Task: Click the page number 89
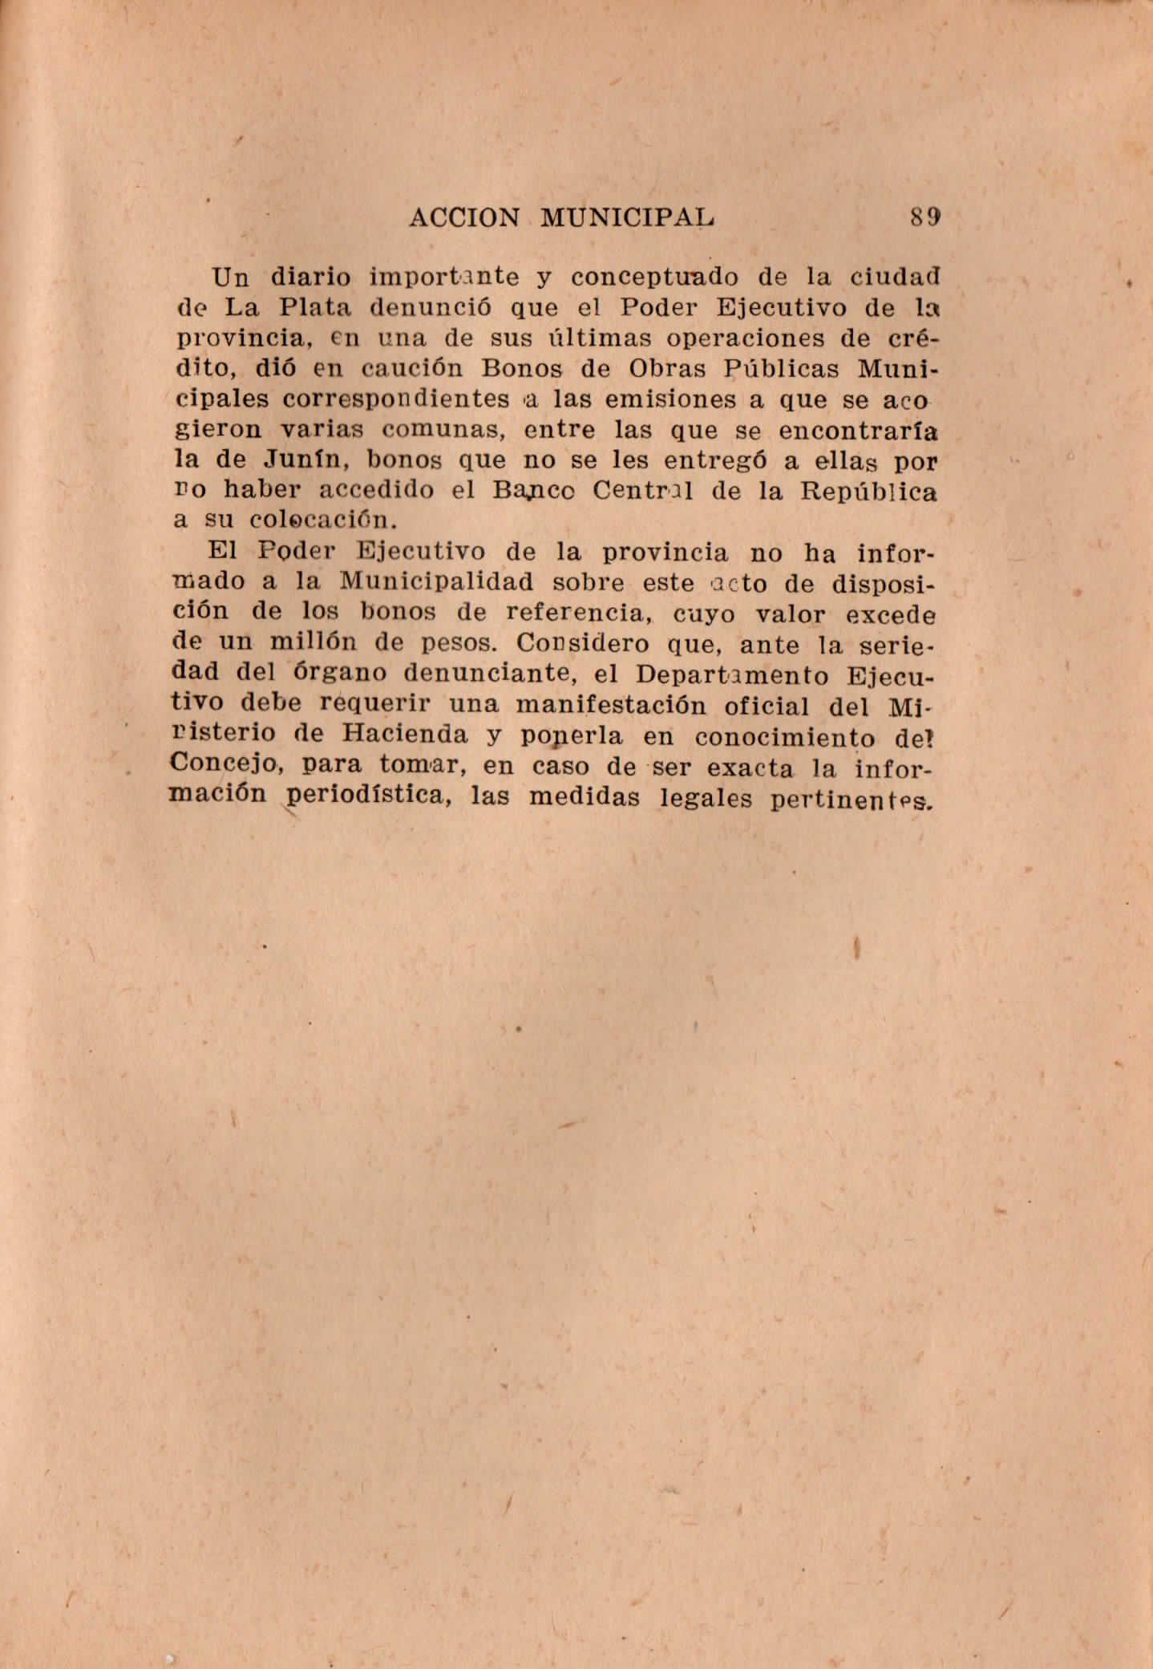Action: pyautogui.click(x=924, y=217)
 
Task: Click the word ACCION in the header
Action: pyautogui.click(x=463, y=217)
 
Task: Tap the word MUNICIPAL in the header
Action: pyautogui.click(x=627, y=217)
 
